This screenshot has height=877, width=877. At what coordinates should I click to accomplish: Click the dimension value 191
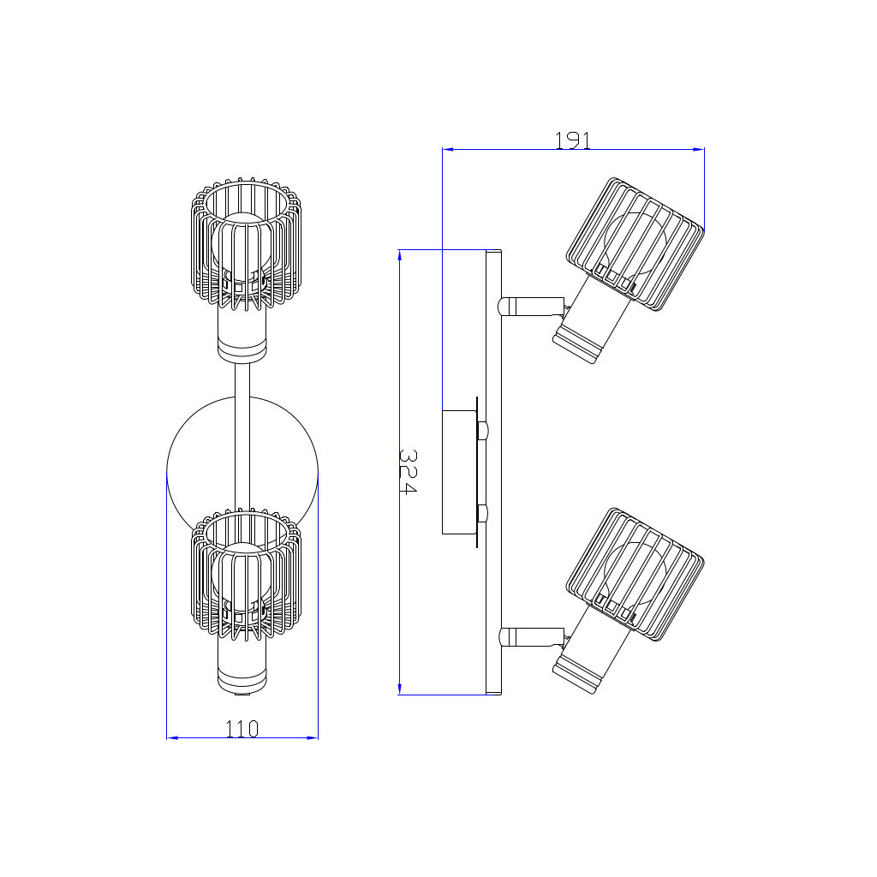click(572, 140)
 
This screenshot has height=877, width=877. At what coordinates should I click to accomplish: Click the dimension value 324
click(408, 472)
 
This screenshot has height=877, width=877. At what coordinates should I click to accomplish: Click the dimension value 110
click(242, 729)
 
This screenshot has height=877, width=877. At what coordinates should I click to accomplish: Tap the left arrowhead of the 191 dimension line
click(447, 149)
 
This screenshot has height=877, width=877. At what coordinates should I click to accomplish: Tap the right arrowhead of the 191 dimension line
click(699, 149)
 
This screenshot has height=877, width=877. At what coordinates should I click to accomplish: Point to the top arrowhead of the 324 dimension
click(399, 254)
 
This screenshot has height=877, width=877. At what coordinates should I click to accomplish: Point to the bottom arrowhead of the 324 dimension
click(399, 689)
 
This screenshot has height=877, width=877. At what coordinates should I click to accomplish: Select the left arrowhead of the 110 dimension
click(172, 737)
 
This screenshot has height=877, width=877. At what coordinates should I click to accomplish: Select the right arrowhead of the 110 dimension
click(313, 737)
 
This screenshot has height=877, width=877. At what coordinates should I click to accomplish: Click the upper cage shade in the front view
click(246, 244)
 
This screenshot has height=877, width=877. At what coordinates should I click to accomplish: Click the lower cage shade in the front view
click(246, 574)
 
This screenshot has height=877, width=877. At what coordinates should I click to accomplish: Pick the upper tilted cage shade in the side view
click(635, 244)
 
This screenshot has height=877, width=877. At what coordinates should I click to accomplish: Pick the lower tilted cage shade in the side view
click(635, 574)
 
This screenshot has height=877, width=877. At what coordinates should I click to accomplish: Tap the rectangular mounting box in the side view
click(459, 472)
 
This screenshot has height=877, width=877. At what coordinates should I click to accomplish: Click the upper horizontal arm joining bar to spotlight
click(531, 307)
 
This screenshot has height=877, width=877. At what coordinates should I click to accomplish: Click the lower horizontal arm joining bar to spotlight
click(531, 636)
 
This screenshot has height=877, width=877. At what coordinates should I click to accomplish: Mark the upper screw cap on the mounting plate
click(483, 431)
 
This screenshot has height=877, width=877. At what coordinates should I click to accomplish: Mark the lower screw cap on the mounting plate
click(483, 513)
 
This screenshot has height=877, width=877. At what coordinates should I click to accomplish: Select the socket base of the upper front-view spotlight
click(242, 346)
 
